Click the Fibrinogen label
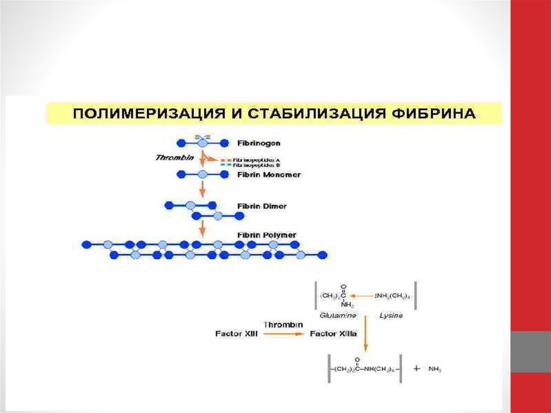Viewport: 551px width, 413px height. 258,144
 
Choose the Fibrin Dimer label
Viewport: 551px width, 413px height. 262,206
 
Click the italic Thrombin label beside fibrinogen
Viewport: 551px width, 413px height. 174,158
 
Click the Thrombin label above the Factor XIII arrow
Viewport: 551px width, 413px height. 283,325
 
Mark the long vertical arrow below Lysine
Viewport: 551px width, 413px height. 365,334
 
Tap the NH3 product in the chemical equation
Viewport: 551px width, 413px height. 434,369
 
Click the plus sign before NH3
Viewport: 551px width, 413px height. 416,369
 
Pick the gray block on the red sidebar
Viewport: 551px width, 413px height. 530,351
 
